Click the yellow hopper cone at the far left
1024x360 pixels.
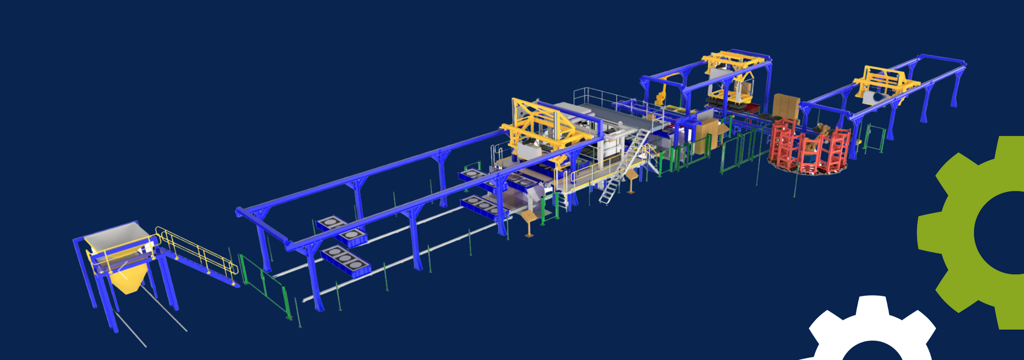coord(126,280)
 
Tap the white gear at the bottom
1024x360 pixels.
coord(872,332)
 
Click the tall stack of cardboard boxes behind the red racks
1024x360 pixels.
coord(786,106)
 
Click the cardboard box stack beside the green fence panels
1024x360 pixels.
coord(706,134)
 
